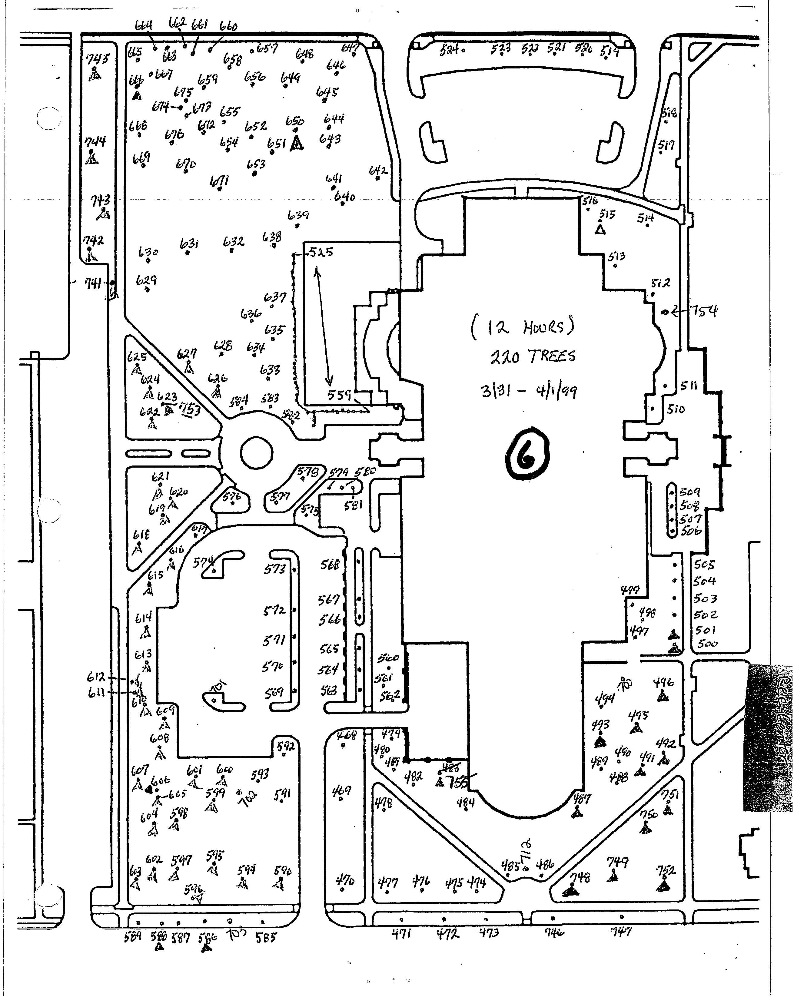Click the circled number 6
click(527, 453)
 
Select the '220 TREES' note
click(533, 356)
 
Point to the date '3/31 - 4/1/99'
click(529, 391)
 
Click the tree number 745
click(98, 59)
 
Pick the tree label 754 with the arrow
click(703, 311)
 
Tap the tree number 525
click(321, 253)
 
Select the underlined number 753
click(190, 409)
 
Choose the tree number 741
click(93, 283)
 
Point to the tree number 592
click(286, 746)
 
